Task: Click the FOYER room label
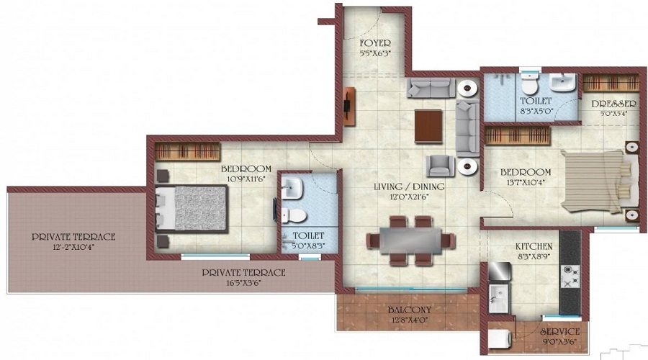[x=374, y=43]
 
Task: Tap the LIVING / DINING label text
[x=408, y=187]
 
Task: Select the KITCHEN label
[x=534, y=246]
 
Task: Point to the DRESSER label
[x=613, y=104]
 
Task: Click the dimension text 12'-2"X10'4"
[x=74, y=247]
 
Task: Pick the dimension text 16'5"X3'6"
[x=243, y=283]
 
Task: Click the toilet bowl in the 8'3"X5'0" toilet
[x=530, y=86]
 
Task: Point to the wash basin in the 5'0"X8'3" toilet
[x=294, y=189]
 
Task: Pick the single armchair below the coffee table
[x=439, y=166]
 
